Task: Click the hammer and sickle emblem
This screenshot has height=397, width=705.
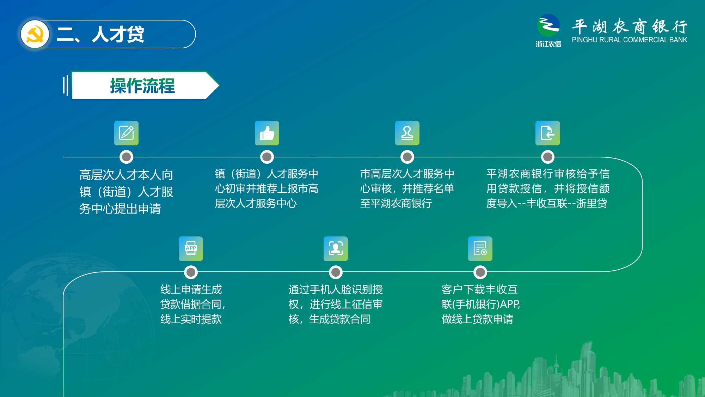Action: [x=35, y=34]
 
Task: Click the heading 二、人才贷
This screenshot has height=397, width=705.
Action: [x=100, y=34]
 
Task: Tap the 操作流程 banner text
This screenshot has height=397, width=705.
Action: [x=142, y=86]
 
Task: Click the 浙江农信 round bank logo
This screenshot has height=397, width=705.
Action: [x=548, y=25]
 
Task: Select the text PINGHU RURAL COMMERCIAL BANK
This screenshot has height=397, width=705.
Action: [x=630, y=40]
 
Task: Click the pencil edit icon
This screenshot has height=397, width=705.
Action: [x=126, y=133]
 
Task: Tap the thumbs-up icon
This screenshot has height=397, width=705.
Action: [x=267, y=133]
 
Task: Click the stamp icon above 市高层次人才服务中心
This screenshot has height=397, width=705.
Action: [x=407, y=133]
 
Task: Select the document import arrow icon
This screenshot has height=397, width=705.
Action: [x=548, y=133]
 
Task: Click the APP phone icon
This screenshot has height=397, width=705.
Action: [x=191, y=249]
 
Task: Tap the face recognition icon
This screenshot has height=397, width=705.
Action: [x=336, y=249]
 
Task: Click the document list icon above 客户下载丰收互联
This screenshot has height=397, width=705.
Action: [x=480, y=249]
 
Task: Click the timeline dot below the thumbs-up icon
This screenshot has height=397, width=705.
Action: [x=267, y=157]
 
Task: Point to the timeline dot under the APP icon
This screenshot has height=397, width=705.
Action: [x=191, y=272]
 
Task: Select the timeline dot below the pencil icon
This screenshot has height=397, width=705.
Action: [x=126, y=157]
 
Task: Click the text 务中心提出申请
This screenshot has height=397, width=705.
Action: [x=120, y=209]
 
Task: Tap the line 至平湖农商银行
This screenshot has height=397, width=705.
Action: [x=396, y=203]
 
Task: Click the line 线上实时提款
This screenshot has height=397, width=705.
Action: [x=191, y=319]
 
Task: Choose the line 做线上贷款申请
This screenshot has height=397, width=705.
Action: [x=477, y=319]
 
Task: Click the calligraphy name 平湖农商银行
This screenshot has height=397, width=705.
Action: [x=630, y=26]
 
